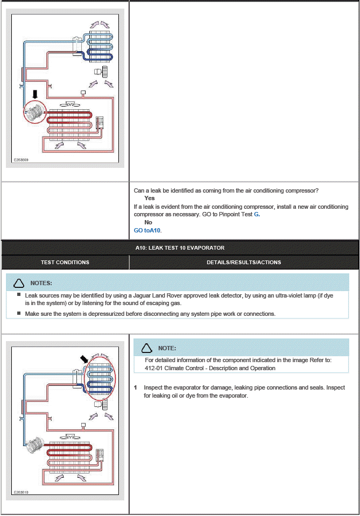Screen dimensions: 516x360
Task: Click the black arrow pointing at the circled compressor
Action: tap(36, 95)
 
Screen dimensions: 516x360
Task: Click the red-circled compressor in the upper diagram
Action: tap(35, 114)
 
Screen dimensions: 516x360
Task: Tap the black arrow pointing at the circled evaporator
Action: tap(84, 358)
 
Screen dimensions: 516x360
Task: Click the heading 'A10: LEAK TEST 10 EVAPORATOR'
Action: tap(180, 248)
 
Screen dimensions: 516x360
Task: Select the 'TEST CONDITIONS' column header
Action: tap(65, 262)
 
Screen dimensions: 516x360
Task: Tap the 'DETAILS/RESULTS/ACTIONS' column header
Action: tap(244, 262)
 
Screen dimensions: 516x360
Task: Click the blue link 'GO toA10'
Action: tap(147, 230)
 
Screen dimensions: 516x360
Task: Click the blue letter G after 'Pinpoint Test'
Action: tap(257, 214)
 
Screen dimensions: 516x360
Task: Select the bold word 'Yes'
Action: tap(149, 199)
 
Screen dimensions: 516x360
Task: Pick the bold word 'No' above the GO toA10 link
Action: tap(148, 222)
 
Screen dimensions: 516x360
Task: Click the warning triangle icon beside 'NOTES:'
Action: tap(19, 283)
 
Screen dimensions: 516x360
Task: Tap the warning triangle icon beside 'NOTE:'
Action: tap(147, 348)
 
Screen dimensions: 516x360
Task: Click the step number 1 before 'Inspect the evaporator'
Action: tap(136, 387)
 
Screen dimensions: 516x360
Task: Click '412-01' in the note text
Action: tap(154, 368)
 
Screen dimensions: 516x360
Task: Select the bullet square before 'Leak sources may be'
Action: tap(19, 295)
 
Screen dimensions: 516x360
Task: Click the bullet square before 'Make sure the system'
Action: tap(19, 313)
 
